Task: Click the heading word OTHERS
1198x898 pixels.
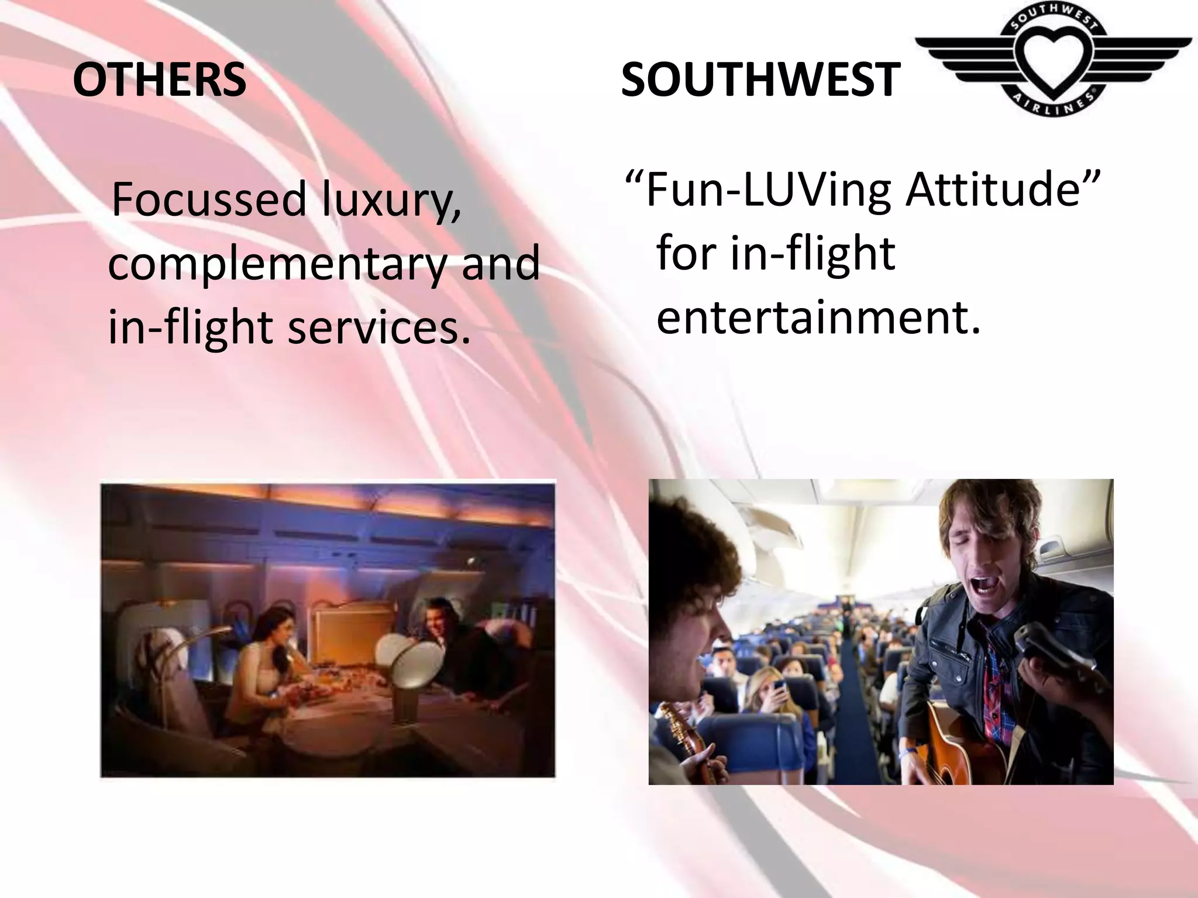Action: pyautogui.click(x=159, y=80)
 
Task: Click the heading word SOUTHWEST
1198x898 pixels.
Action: pyautogui.click(x=760, y=80)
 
